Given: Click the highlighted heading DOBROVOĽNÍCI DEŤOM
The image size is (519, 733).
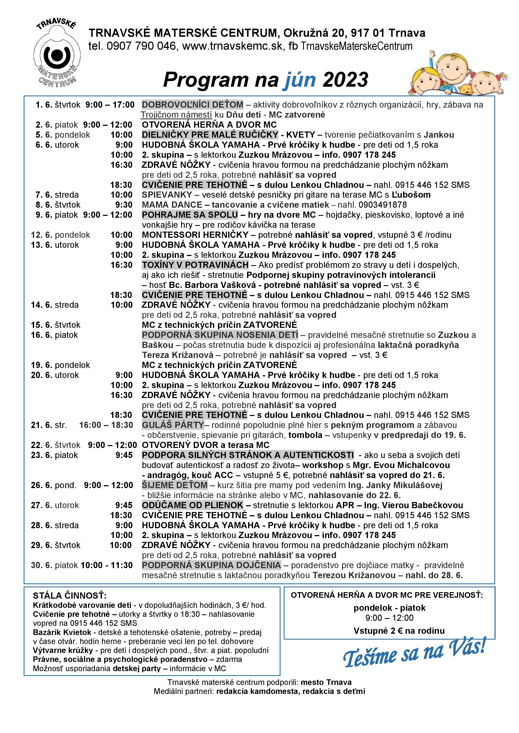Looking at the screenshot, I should click(192, 105).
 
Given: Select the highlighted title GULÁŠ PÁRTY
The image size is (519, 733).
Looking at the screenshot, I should click(173, 425).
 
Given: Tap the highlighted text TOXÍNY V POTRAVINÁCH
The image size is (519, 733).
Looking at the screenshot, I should click(195, 265).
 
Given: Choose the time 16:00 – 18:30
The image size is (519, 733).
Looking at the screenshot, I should click(106, 425).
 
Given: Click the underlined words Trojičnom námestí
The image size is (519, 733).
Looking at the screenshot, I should click(176, 115).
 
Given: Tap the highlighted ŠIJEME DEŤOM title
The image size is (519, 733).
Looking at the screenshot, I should click(174, 485).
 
